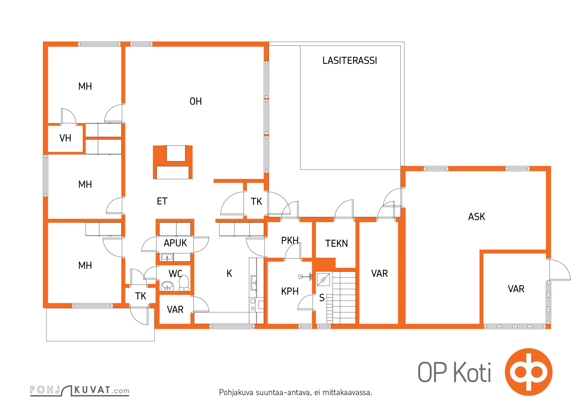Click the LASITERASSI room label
[x=350, y=61]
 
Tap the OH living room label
[x=196, y=101]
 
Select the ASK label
[x=477, y=217]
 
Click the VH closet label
[x=65, y=138]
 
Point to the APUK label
[x=175, y=243]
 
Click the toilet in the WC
[x=184, y=283]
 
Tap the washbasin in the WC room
[x=167, y=286]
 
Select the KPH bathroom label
[x=290, y=291]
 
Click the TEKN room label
[x=336, y=243]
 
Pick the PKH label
[x=290, y=240]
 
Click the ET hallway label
[x=162, y=201]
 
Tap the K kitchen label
[x=229, y=273]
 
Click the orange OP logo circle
[x=529, y=372]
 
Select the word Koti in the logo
[x=472, y=372]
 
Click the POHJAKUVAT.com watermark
[x=80, y=390]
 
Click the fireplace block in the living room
[x=173, y=162]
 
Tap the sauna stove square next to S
[x=323, y=279]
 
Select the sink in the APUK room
[x=167, y=257]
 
